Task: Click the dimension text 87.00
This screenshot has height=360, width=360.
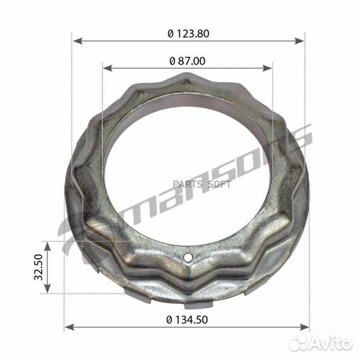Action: (x=190, y=61)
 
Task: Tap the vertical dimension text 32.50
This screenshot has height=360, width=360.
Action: (x=39, y=267)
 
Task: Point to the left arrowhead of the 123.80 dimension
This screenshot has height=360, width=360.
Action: (x=75, y=41)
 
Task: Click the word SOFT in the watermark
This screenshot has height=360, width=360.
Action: (x=218, y=184)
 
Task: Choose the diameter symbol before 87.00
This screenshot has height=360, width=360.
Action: (x=173, y=61)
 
